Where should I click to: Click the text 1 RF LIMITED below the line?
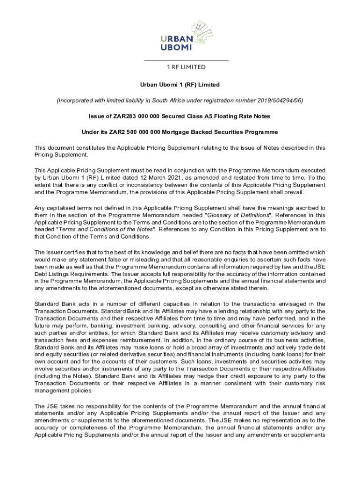tap(186, 67)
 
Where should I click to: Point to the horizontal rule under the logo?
tap(186, 61)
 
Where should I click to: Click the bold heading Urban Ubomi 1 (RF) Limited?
tap(180, 85)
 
